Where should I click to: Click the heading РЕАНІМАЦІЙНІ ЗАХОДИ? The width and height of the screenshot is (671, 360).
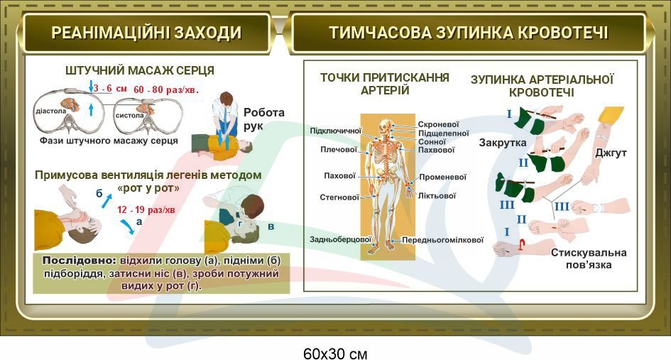tap(146, 33)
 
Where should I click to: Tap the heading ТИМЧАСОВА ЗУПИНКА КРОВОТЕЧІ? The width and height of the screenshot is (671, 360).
tap(469, 33)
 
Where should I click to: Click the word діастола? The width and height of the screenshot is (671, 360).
tap(51, 111)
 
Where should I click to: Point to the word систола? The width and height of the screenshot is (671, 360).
tap(129, 116)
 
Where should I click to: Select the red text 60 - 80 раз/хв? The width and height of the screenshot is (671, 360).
tap(166, 89)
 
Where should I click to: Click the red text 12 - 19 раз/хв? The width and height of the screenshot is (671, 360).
tap(146, 209)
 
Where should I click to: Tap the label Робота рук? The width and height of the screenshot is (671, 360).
tap(263, 119)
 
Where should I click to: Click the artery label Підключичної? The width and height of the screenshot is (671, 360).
tap(335, 131)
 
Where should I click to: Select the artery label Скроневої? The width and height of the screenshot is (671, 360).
tap(438, 124)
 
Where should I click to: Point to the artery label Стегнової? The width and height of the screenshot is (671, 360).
tap(339, 197)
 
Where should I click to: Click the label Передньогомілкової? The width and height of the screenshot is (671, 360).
tap(442, 240)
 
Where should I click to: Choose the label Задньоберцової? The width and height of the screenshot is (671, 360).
tap(340, 240)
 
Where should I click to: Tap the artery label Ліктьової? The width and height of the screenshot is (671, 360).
tap(437, 196)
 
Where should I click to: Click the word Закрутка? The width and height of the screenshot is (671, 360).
tap(503, 143)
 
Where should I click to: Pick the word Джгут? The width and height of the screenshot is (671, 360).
tap(611, 153)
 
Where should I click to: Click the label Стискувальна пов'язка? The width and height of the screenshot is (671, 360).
tap(589, 258)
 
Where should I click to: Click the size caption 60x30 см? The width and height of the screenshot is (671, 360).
tap(335, 354)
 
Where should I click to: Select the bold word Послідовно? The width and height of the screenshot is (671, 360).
tap(80, 261)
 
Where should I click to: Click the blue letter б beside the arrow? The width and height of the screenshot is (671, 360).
tap(99, 194)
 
